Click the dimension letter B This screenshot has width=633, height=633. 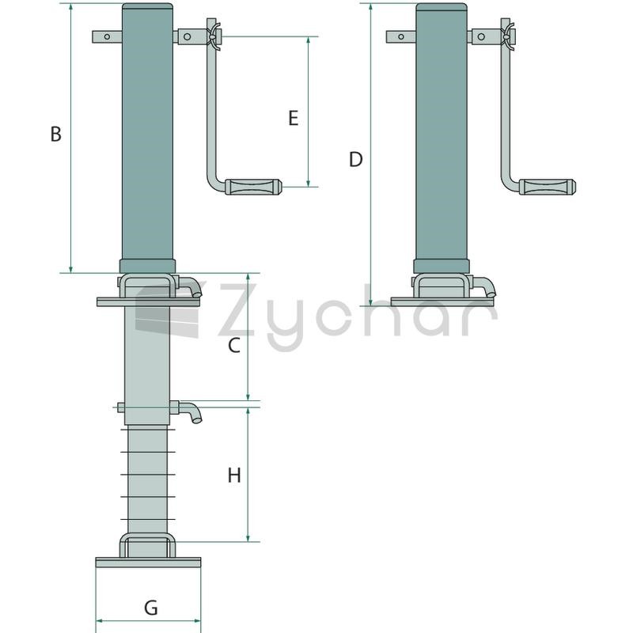[x=55, y=134]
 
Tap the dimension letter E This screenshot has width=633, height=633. [x=294, y=118]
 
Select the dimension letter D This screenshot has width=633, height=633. [x=355, y=160]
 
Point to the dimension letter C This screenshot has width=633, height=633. [x=234, y=346]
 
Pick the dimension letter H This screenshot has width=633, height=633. [x=234, y=476]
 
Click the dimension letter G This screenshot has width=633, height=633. [x=151, y=608]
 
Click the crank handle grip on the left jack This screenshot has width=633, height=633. [x=253, y=187]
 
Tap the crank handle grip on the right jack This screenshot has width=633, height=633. [x=548, y=187]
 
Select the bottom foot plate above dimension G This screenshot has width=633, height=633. [x=148, y=563]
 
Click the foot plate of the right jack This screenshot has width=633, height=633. [x=442, y=301]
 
